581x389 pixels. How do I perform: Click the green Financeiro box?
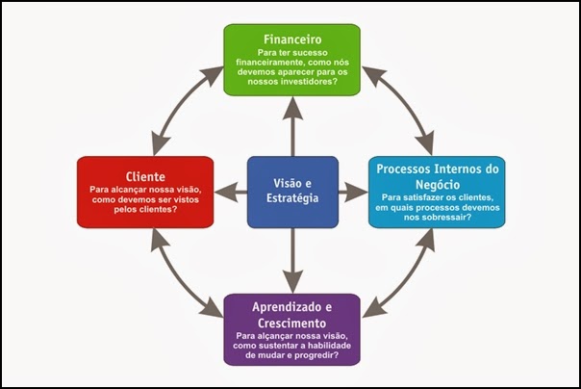click(x=291, y=60)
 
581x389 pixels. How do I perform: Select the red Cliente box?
click(x=144, y=192)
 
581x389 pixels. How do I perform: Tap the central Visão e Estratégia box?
click(x=291, y=192)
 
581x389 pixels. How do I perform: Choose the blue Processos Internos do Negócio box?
click(x=436, y=192)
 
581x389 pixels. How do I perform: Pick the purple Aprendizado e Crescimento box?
click(x=291, y=329)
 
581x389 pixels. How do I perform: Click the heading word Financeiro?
click(x=291, y=39)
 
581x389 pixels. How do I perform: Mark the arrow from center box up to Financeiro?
click(x=291, y=125)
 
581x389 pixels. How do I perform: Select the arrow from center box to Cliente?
click(x=230, y=193)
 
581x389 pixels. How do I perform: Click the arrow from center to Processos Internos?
click(x=353, y=193)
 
